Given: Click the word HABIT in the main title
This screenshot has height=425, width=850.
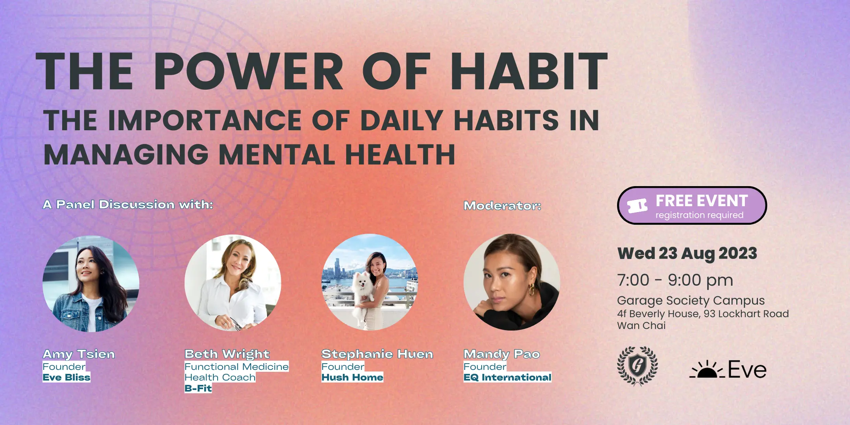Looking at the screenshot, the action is [529, 71].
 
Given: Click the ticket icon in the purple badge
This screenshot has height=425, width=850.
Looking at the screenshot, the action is [637, 205].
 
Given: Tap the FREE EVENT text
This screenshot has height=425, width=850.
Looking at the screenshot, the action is [702, 201].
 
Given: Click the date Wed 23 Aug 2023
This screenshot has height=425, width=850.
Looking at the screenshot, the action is [687, 253].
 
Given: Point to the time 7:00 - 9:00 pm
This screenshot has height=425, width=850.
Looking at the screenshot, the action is [675, 280].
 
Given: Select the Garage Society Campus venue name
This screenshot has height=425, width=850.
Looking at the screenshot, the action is [691, 300].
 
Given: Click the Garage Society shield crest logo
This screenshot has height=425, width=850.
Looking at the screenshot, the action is [637, 366].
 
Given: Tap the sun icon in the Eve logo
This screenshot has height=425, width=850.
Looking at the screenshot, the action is [707, 370].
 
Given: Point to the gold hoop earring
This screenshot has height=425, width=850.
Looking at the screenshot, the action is [532, 290].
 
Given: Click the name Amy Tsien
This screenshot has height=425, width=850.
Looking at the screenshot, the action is [79, 354].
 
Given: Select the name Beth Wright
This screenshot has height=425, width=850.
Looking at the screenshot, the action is [227, 354].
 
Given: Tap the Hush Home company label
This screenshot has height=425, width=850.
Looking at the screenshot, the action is [352, 377].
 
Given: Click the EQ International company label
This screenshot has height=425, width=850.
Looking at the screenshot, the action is [507, 377].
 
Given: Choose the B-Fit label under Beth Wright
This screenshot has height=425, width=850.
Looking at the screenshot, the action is [198, 388].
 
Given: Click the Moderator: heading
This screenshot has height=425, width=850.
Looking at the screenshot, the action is [503, 205].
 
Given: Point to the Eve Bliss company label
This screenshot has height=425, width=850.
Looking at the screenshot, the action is [67, 377].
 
